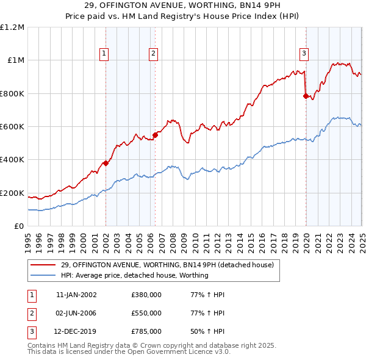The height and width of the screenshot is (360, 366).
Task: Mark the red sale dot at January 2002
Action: tap(106, 163)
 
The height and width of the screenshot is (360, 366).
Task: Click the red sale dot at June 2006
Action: tap(155, 135)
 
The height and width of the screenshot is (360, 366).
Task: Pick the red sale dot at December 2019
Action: tap(306, 96)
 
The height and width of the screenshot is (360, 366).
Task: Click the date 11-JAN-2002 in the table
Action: tap(76, 295)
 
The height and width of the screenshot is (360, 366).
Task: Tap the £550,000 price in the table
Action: tap(146, 313)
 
